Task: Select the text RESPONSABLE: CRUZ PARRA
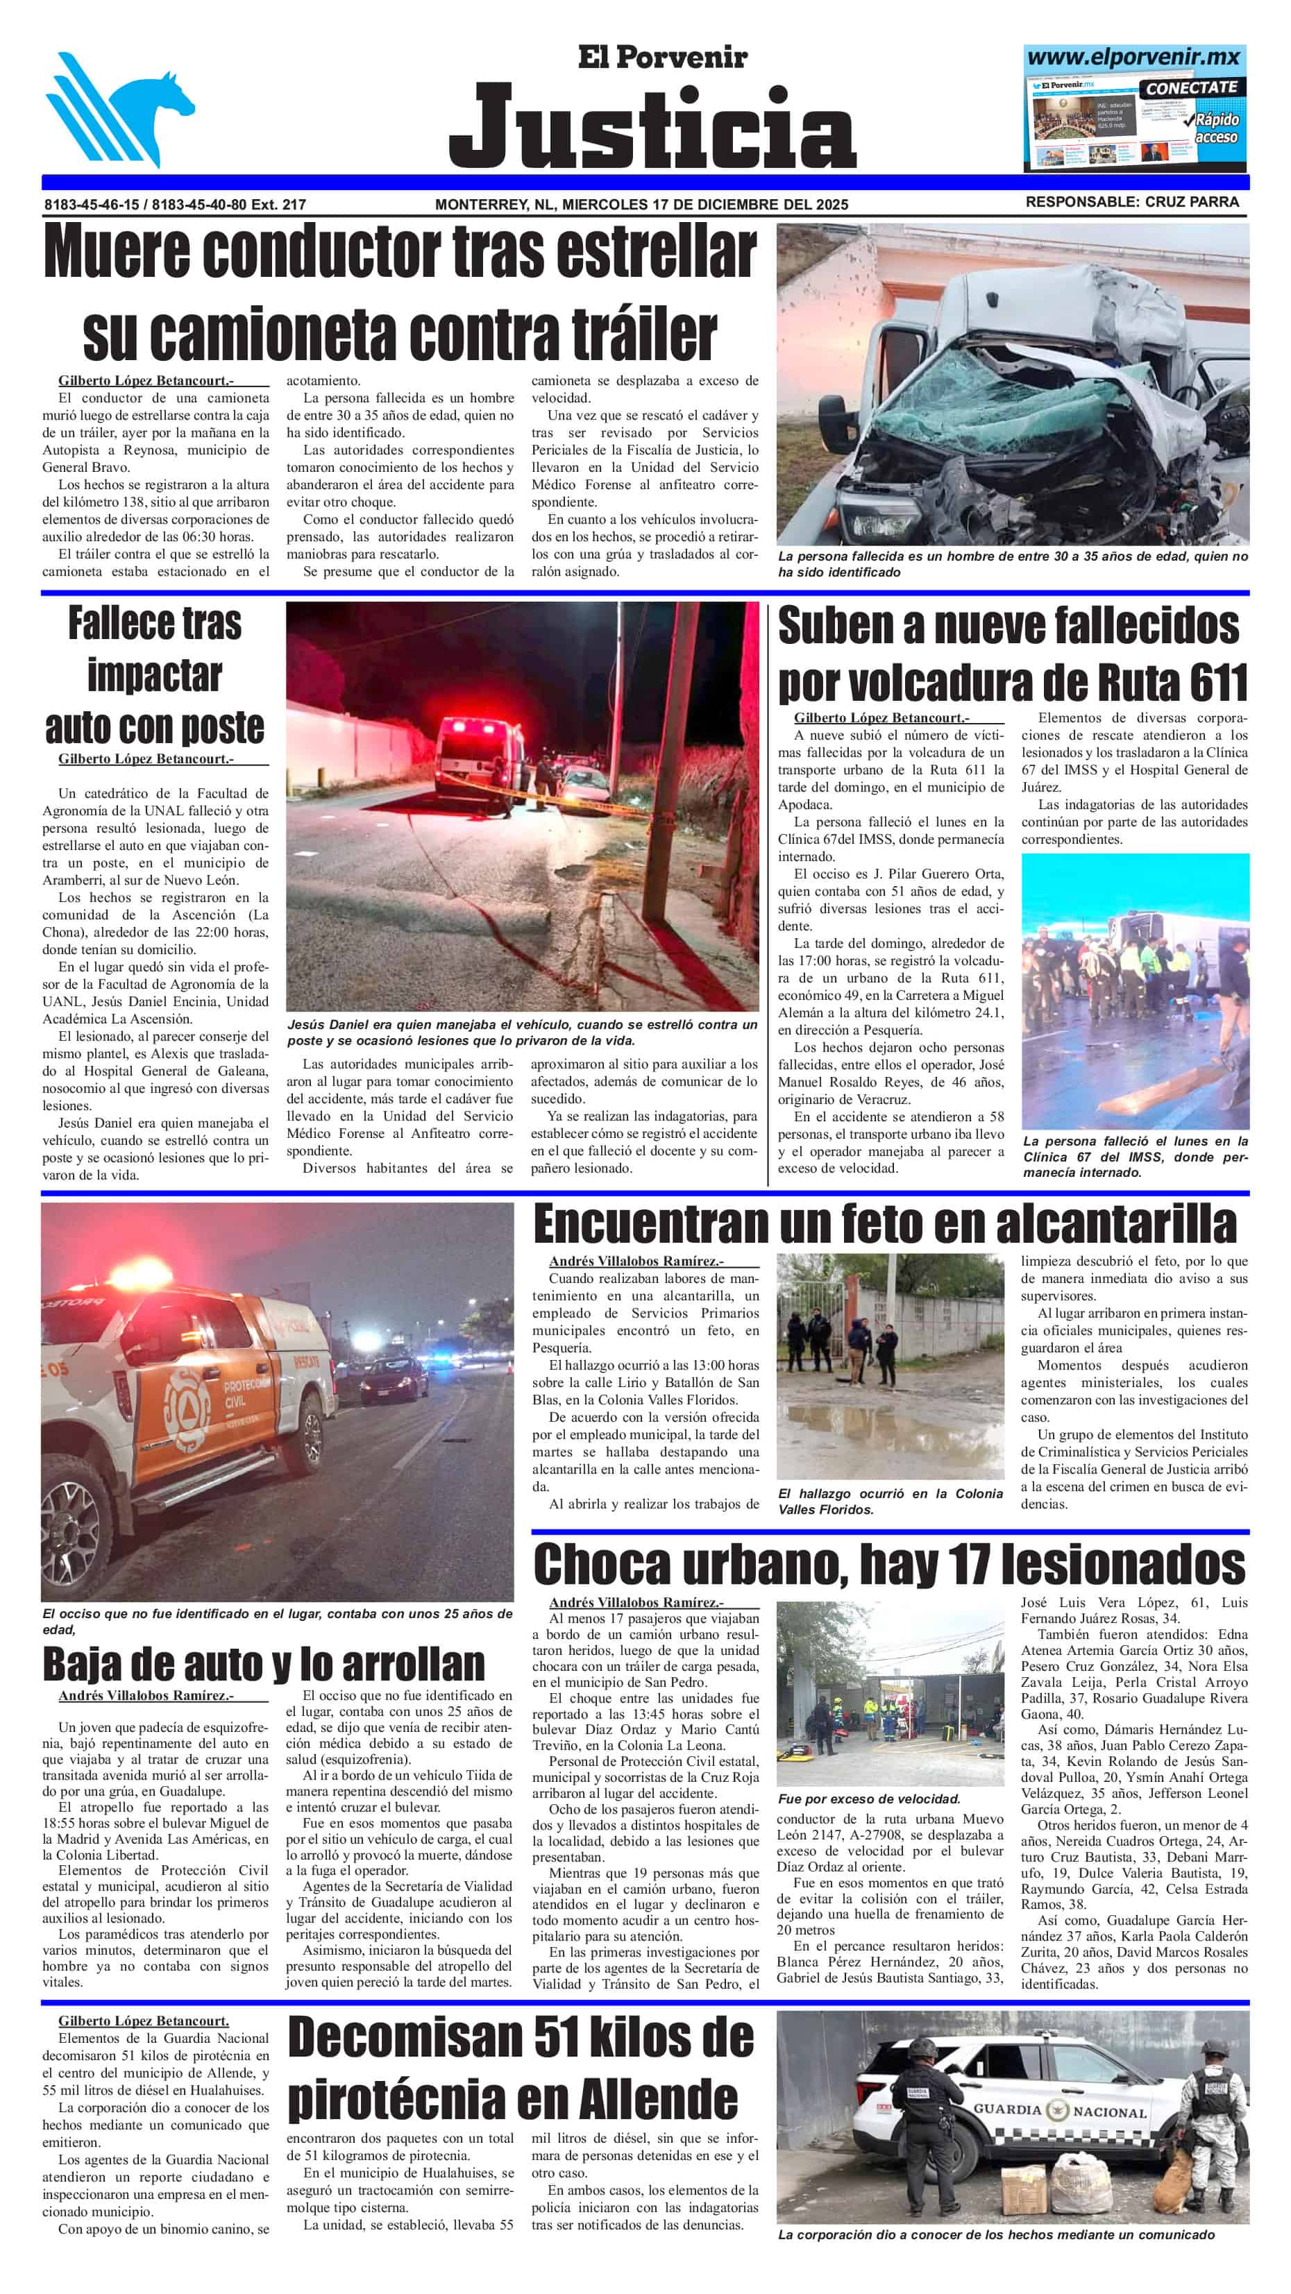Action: point(1131,202)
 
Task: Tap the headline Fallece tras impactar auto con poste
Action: point(154,675)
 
